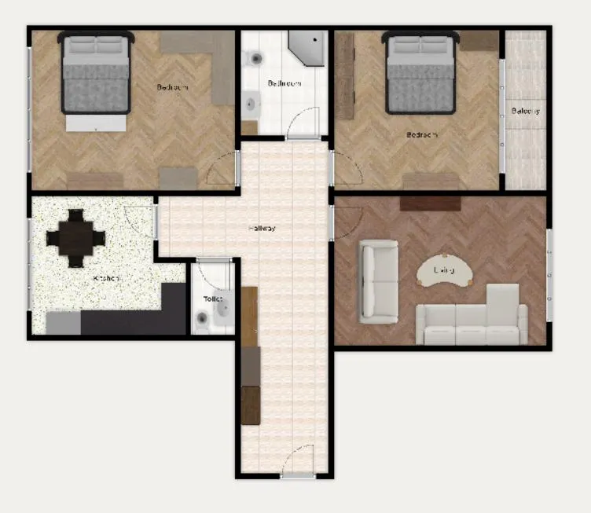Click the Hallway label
(262, 229)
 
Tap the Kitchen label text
(106, 278)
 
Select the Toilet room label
(213, 299)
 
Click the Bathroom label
(283, 83)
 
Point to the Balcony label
(525, 111)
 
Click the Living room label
(444, 270)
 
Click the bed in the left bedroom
(95, 79)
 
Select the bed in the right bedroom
(420, 75)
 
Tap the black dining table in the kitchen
(75, 237)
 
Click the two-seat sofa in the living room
(378, 281)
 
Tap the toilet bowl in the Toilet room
(202, 318)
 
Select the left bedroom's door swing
(222, 167)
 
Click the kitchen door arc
(142, 221)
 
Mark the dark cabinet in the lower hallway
(250, 405)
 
